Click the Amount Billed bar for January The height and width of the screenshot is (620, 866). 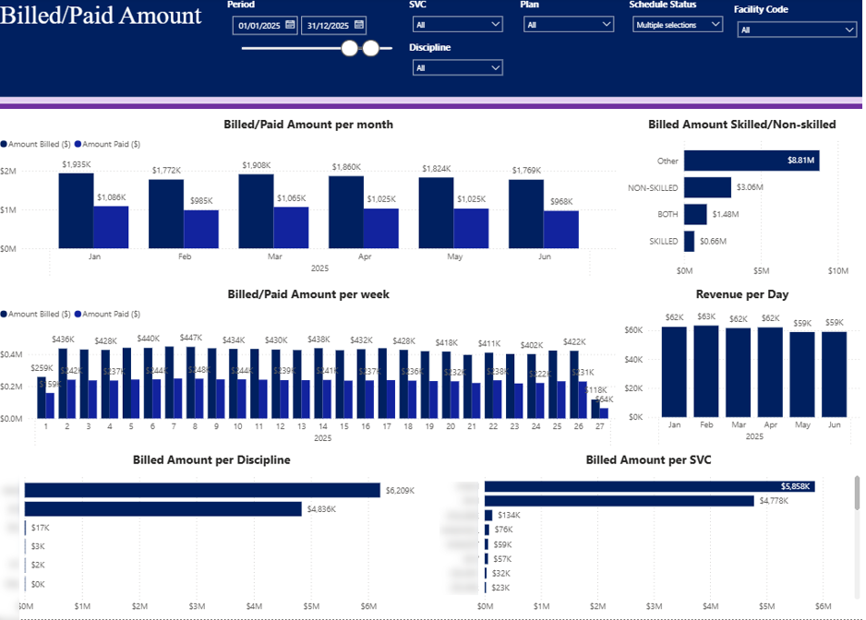tap(77, 210)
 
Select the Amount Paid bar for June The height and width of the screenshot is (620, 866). tap(560, 230)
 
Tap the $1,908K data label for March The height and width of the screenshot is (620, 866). tap(258, 165)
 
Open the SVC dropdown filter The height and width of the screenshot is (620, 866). tap(457, 25)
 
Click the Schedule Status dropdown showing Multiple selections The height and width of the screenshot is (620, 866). tap(678, 25)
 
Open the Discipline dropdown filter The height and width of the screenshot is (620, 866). tap(457, 67)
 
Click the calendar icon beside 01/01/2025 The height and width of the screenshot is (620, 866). tap(290, 25)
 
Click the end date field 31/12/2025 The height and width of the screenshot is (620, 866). tap(327, 25)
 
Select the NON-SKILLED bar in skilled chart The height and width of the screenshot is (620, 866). tap(707, 188)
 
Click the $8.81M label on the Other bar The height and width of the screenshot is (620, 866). tap(800, 161)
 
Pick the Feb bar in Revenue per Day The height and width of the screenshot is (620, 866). tap(705, 371)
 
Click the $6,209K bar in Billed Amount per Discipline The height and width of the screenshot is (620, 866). tap(202, 490)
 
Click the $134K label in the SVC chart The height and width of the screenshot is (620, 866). tap(509, 516)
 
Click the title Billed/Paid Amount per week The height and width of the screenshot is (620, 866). tap(308, 294)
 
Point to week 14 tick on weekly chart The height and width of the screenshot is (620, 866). tap(322, 426)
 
